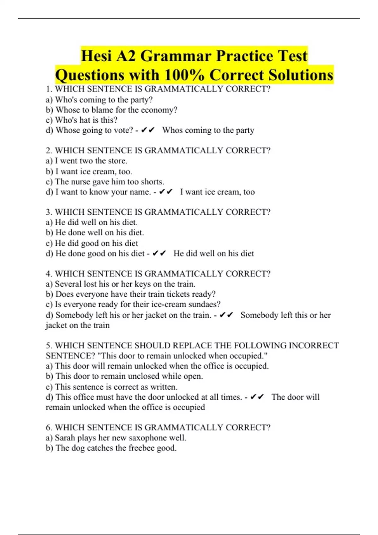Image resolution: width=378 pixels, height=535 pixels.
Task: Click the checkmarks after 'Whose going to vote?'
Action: click(148, 130)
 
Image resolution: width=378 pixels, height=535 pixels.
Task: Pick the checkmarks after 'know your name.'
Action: click(166, 192)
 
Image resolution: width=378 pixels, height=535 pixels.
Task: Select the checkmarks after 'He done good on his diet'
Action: click(159, 254)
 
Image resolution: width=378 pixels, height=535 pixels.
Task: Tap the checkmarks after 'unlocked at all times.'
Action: click(257, 397)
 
